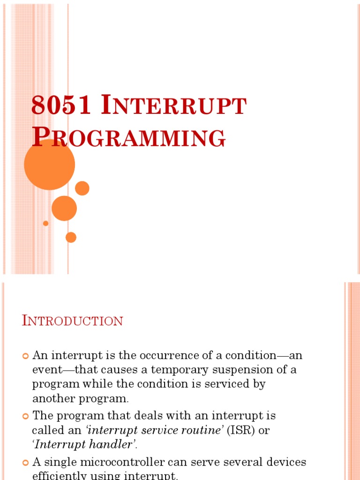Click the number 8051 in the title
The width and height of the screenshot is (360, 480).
tap(60, 105)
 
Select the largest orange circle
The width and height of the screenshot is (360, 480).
tap(49, 165)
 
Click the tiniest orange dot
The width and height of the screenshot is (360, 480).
tap(45, 223)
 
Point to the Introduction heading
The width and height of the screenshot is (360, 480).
tap(73, 321)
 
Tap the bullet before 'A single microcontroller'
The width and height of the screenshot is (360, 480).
tap(26, 463)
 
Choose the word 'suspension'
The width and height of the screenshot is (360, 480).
tap(245, 370)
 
